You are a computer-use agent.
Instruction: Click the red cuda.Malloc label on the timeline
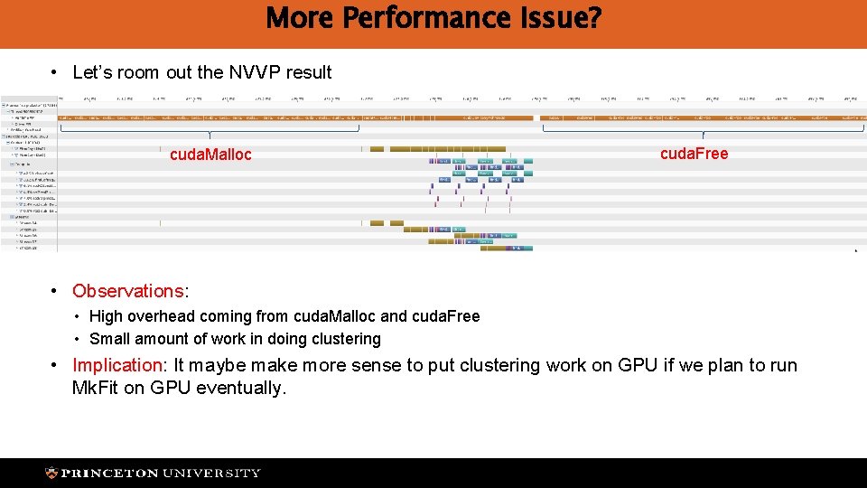click(x=210, y=155)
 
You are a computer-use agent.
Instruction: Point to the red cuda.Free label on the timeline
click(x=694, y=154)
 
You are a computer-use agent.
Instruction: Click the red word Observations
click(x=127, y=291)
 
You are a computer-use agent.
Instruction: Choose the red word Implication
click(x=117, y=365)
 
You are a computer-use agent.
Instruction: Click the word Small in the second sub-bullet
click(x=109, y=339)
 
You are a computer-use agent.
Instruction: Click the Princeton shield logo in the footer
click(x=52, y=473)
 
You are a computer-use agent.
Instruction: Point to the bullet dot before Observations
click(x=55, y=291)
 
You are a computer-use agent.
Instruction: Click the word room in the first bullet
click(x=135, y=72)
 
